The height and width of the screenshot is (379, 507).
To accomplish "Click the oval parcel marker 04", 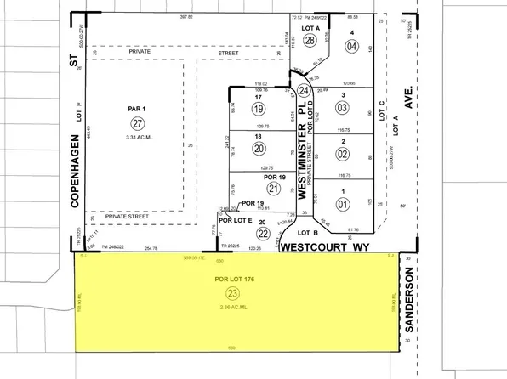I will point(350,46).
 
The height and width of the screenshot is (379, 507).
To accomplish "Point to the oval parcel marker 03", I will point(343,107).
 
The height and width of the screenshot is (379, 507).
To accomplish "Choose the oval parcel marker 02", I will point(343,154).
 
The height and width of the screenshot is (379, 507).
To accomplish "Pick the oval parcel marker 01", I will point(344,204).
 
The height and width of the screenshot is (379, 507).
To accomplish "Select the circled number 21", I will point(273,188).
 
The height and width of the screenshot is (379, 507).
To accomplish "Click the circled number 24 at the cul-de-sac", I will point(304,89).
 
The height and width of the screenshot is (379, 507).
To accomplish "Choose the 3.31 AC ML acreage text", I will point(138,136).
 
